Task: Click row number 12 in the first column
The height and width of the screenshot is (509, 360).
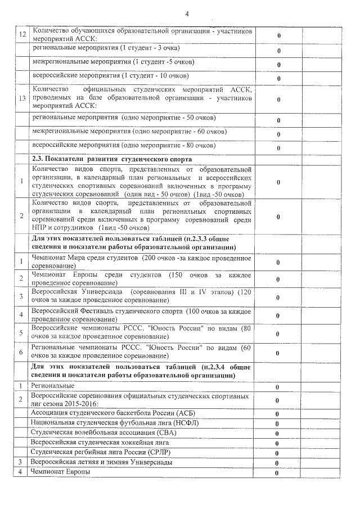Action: pos(22,35)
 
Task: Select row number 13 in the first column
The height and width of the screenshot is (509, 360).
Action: pos(22,99)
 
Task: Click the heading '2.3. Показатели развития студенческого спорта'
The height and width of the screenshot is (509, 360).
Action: pos(112,159)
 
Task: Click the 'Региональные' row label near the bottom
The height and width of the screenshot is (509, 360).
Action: pos(53,386)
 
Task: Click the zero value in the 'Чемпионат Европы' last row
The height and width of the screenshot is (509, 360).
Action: pos(277,473)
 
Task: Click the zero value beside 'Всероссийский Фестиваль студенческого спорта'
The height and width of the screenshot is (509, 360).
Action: pos(277,315)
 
